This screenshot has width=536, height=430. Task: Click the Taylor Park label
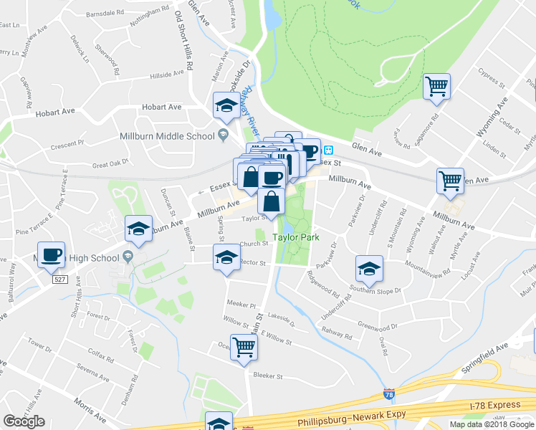click(295, 236)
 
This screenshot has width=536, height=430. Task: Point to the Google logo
click(24, 421)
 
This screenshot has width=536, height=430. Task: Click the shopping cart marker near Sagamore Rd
click(436, 87)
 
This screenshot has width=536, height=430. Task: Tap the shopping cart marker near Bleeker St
click(244, 348)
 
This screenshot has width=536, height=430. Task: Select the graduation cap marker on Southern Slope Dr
click(369, 269)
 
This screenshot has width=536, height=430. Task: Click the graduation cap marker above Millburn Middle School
click(226, 106)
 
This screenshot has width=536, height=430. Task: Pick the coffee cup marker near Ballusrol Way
click(52, 255)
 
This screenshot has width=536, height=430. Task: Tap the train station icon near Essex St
click(327, 150)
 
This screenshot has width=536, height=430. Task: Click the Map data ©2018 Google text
click(491, 424)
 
